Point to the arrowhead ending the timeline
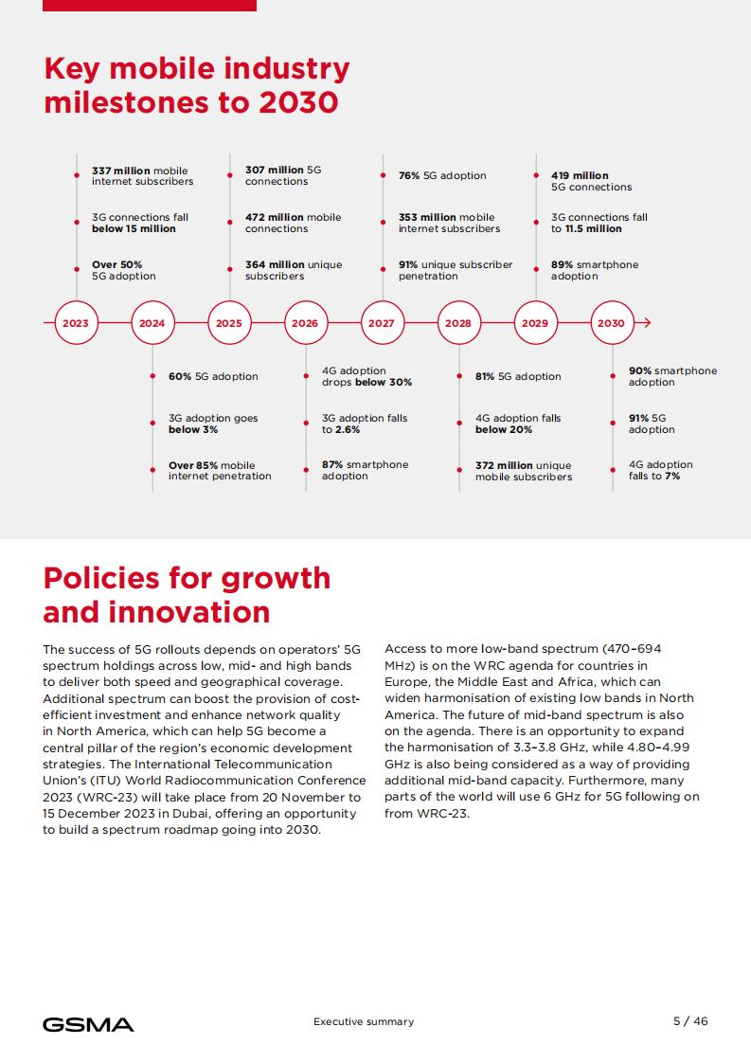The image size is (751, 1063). click(x=647, y=323)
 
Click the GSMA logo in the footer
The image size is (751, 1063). click(x=88, y=1024)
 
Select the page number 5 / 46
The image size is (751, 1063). click(x=690, y=1021)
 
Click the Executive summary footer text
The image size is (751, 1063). click(x=364, y=1021)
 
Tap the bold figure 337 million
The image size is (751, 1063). click(x=121, y=171)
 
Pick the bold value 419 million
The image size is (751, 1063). click(x=580, y=175)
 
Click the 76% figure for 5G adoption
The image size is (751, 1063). click(x=409, y=175)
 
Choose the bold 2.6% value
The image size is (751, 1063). click(x=347, y=430)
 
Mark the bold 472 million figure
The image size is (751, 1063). click(x=275, y=218)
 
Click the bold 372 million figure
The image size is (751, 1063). click(x=504, y=466)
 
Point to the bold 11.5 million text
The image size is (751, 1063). click(x=593, y=229)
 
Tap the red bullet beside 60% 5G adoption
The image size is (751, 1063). click(x=153, y=376)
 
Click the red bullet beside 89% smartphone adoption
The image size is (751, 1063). click(x=536, y=270)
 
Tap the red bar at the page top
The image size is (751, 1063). click(x=149, y=6)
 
